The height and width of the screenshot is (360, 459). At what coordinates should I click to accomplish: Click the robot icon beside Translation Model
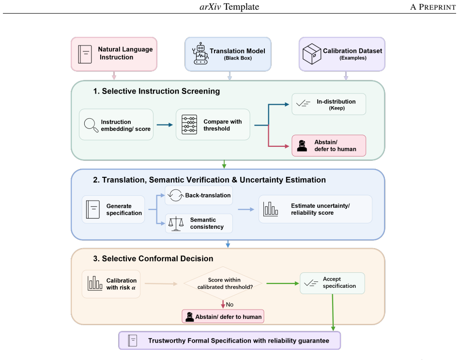tap(200, 53)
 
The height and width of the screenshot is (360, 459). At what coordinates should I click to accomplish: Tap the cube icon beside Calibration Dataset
tap(312, 54)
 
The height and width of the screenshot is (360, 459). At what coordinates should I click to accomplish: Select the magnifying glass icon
tap(91, 125)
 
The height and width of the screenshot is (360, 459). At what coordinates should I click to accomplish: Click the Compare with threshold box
tap(213, 125)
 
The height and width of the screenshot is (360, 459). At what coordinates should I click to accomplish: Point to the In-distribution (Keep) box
tap(329, 104)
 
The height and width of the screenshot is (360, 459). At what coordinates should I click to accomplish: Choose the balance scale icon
tap(176, 224)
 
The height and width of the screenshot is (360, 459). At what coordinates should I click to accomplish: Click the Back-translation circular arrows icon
tap(175, 195)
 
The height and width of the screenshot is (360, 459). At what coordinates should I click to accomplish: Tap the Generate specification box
tap(113, 209)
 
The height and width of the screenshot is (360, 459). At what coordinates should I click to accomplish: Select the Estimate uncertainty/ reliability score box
tap(315, 209)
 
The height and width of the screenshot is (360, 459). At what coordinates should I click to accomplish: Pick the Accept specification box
tap(332, 283)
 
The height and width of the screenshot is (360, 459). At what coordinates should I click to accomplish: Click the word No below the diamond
tap(229, 305)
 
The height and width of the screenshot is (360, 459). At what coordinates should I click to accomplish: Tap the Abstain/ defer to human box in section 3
tap(223, 316)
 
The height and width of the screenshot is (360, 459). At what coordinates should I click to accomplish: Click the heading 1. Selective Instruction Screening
tap(156, 91)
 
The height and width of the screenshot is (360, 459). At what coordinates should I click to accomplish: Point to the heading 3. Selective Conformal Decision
tap(153, 258)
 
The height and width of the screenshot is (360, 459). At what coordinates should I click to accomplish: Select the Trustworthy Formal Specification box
tap(229, 340)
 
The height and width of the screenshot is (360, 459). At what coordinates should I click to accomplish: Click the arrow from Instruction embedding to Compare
tap(165, 125)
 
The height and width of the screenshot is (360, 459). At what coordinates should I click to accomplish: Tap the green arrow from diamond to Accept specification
tap(282, 283)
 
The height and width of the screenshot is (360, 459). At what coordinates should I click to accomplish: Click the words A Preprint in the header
tap(433, 7)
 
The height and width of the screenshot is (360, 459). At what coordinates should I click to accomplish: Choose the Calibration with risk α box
tap(111, 284)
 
